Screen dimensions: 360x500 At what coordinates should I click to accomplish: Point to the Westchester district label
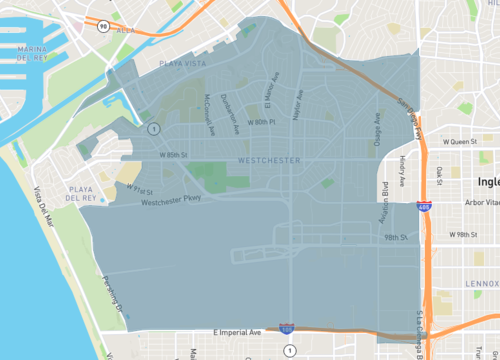[x=270, y=161]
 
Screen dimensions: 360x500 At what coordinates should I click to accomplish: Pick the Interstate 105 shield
[x=287, y=327]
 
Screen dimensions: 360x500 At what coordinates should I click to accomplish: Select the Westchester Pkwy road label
[x=171, y=200]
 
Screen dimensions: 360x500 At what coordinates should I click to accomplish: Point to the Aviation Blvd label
[x=385, y=199]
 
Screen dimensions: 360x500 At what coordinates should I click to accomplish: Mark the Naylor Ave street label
[x=298, y=104]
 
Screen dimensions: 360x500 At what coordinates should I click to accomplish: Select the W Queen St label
[x=465, y=142]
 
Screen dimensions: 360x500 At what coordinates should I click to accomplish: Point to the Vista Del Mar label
[x=44, y=207]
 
